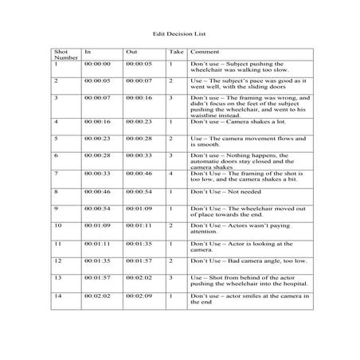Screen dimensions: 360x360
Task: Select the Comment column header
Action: [x=203, y=52]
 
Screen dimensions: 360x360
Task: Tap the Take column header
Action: [x=175, y=52]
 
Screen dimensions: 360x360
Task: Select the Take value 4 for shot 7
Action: [x=171, y=173]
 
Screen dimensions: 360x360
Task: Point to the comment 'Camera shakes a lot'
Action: [x=237, y=121]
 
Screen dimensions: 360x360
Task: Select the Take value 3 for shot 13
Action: [x=171, y=277]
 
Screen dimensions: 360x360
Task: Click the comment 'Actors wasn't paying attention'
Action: [x=241, y=229]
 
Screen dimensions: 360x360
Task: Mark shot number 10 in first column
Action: [x=57, y=225]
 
